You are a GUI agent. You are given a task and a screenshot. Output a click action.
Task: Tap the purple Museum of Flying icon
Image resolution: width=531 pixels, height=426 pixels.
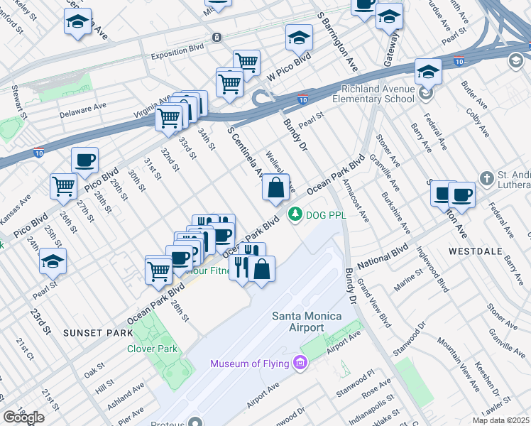pyautogui.click(x=300, y=364)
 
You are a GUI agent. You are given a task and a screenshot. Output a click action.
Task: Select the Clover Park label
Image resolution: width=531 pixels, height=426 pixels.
pyautogui.click(x=151, y=349)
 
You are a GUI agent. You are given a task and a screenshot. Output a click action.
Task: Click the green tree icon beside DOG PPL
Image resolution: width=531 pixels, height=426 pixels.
pyautogui.click(x=292, y=213)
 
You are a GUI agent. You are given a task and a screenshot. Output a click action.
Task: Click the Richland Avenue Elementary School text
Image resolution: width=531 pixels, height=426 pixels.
pyautogui.click(x=377, y=94)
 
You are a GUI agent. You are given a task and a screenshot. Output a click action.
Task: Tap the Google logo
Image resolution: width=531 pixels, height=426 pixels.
pyautogui.click(x=23, y=417)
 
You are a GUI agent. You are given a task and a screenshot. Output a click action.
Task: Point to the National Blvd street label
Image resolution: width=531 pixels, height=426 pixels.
pyautogui.click(x=383, y=257)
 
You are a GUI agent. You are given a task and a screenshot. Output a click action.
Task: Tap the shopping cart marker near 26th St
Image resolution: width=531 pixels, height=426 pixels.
pyautogui.click(x=64, y=187)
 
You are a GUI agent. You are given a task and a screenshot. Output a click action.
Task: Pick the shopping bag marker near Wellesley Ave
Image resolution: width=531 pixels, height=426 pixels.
pyautogui.click(x=275, y=189)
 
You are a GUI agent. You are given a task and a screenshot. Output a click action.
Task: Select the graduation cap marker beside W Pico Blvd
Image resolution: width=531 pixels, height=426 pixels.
pyautogui.click(x=299, y=37)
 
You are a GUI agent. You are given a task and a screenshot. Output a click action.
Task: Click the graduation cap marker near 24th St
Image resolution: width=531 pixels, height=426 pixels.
pyautogui.click(x=53, y=261)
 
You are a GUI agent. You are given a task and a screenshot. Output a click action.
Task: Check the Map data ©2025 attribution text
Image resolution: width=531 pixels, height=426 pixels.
pyautogui.click(x=500, y=420)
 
